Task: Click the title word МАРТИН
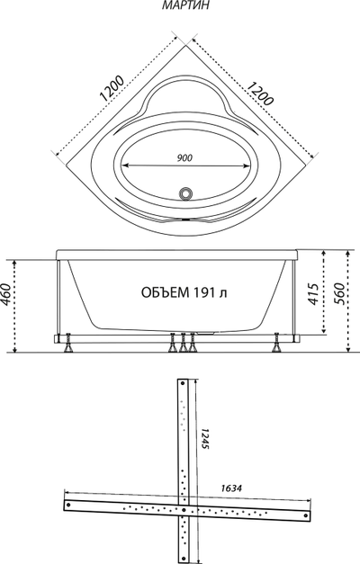click(x=185, y=5)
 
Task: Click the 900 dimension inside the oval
click(x=185, y=157)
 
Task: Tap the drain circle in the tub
click(x=185, y=193)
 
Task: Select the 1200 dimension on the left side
click(x=112, y=88)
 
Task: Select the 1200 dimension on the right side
click(x=260, y=94)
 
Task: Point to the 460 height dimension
click(x=6, y=294)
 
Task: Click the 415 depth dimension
click(x=313, y=294)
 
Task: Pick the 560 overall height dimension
click(x=338, y=294)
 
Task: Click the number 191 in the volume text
click(x=205, y=292)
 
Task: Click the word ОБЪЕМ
click(x=166, y=292)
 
